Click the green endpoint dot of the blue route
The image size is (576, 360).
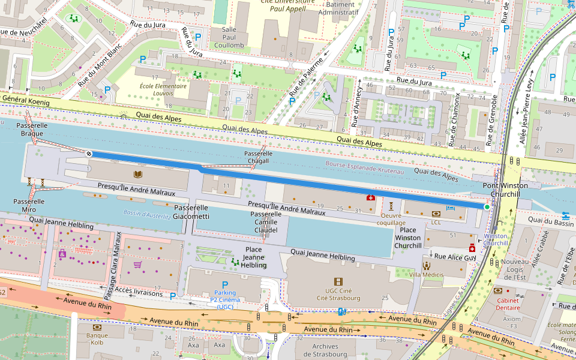tap(487, 207)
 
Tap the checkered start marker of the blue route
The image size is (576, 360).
tap(89, 154)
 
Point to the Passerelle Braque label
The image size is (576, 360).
tap(32, 129)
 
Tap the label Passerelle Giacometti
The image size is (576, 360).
tap(191, 212)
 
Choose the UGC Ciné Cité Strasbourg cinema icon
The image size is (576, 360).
tap(338, 281)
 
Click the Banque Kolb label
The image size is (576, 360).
tap(97, 339)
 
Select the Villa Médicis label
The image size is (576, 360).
tap(426, 274)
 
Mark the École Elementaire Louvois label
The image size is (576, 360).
tap(154, 89)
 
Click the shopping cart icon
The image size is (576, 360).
tap(137, 264)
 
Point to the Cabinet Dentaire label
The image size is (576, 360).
tap(507, 304)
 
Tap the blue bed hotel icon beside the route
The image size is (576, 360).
tap(450, 208)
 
